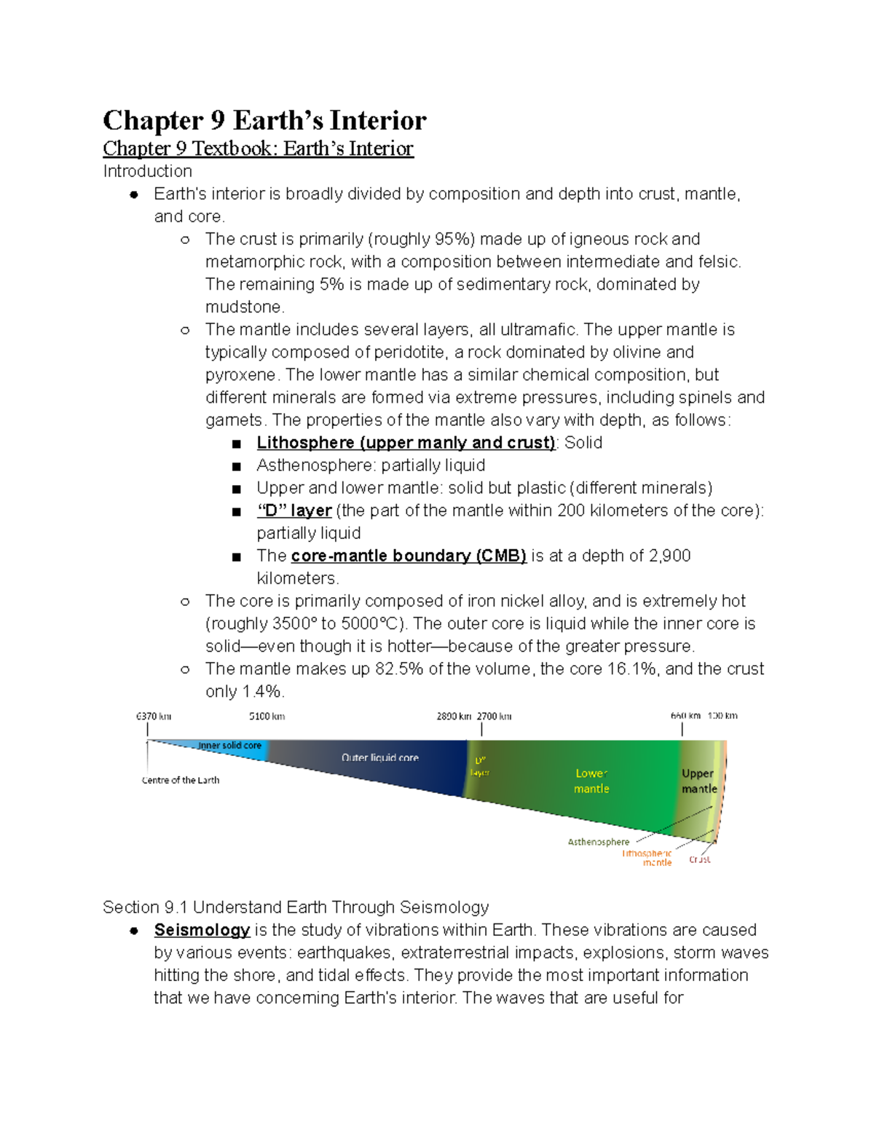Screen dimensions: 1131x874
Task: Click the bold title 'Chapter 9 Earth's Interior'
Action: (x=264, y=120)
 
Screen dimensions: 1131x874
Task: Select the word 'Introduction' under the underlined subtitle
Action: (x=147, y=171)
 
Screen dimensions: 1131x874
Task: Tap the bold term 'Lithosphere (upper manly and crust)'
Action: (x=406, y=443)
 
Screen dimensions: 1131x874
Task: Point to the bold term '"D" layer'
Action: (x=294, y=511)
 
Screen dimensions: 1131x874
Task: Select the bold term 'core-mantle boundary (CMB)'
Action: (x=408, y=556)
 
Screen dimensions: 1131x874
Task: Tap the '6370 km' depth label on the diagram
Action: (x=154, y=716)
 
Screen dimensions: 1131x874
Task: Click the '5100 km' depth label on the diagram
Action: (x=267, y=716)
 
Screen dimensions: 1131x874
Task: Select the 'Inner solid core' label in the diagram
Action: (x=229, y=746)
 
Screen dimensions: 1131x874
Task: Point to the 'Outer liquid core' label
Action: (x=379, y=757)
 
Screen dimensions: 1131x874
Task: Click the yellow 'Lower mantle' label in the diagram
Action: (x=591, y=781)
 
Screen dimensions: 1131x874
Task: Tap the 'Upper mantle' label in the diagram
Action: (x=698, y=781)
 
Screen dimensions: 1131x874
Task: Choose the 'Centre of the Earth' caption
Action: (x=181, y=780)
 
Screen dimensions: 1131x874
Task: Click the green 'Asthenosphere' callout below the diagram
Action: (x=598, y=842)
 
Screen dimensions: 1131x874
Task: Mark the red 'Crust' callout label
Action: (x=699, y=859)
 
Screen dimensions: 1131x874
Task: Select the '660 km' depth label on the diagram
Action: (x=685, y=716)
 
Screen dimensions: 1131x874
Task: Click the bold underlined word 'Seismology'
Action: (x=202, y=930)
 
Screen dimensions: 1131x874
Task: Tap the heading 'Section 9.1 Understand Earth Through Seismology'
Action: (x=296, y=907)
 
